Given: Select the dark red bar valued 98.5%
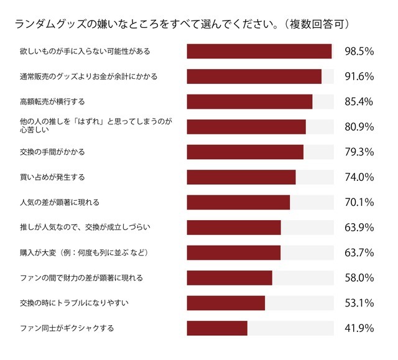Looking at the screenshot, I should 259,51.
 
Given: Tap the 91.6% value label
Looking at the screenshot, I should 358,76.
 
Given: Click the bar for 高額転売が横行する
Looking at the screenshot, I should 249,101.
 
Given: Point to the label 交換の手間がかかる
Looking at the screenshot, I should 52,152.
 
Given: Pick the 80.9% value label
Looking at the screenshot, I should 358,127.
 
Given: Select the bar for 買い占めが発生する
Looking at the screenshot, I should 241,177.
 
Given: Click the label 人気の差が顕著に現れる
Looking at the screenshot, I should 60,202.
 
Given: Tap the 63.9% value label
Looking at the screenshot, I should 358,227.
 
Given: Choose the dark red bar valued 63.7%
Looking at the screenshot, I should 234,252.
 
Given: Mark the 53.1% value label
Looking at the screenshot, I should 358,303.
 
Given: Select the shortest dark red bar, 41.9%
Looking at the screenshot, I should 217,328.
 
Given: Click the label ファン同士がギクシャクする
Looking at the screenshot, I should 67,328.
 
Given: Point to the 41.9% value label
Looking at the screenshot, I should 358,328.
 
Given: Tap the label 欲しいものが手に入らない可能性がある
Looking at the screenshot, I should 85,51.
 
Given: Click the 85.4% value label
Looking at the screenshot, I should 358,101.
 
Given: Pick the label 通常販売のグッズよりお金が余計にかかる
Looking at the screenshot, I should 88,76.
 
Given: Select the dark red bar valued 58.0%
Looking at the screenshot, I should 229,277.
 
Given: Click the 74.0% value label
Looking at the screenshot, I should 358,177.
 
